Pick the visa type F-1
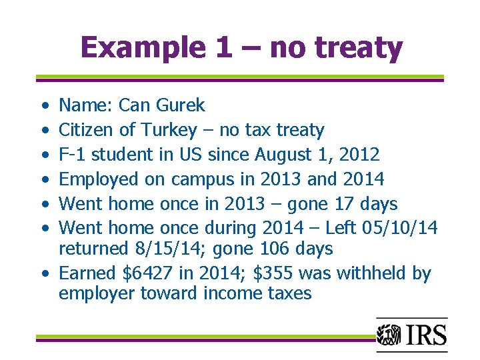72,155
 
